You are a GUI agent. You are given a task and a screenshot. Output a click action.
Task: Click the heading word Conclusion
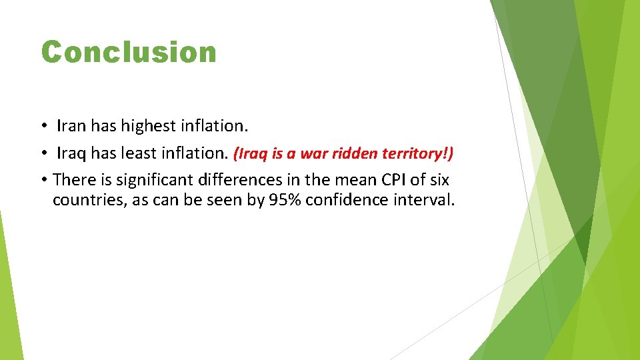(x=129, y=52)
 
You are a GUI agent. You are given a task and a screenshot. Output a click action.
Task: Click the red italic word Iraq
(x=251, y=154)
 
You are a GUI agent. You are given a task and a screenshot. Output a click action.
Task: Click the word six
(x=439, y=180)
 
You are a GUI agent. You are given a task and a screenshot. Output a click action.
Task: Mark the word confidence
(x=353, y=201)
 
